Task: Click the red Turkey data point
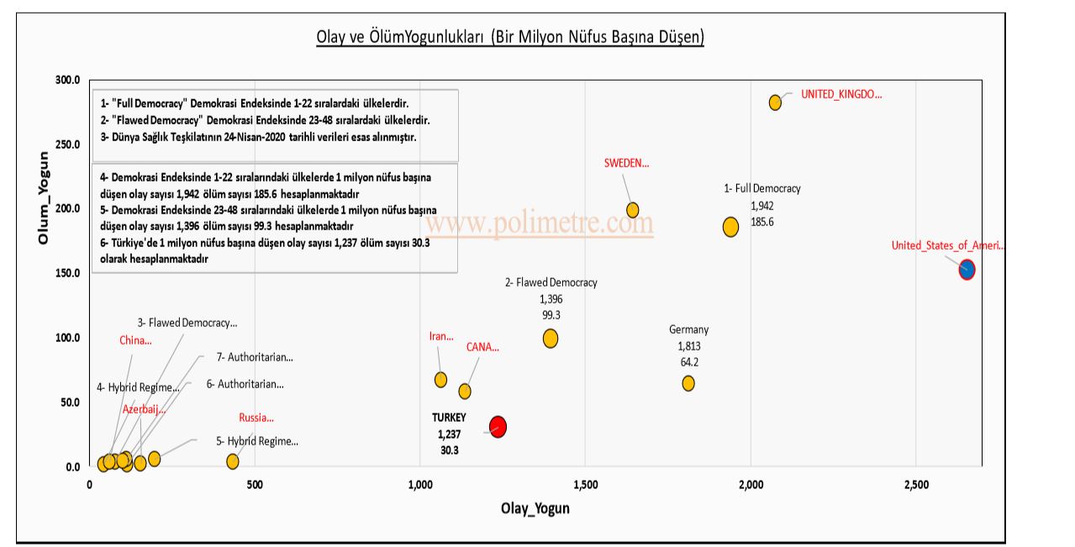coord(498,427)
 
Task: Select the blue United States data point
coord(967,270)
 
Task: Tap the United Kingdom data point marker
coord(775,103)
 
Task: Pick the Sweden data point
coord(633,210)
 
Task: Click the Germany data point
coord(688,383)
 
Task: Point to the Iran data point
coord(440,380)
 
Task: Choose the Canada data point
coord(465,392)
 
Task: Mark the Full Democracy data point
coord(730,227)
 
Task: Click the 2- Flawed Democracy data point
coord(551,339)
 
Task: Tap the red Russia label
coord(256,418)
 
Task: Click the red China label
coord(135,340)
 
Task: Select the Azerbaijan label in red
coord(145,409)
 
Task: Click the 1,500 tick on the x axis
coord(586,485)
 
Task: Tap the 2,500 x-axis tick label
coord(916,485)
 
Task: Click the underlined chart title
coord(509,37)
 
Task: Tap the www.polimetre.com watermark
coord(539,224)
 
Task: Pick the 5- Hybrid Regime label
coord(257,441)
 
